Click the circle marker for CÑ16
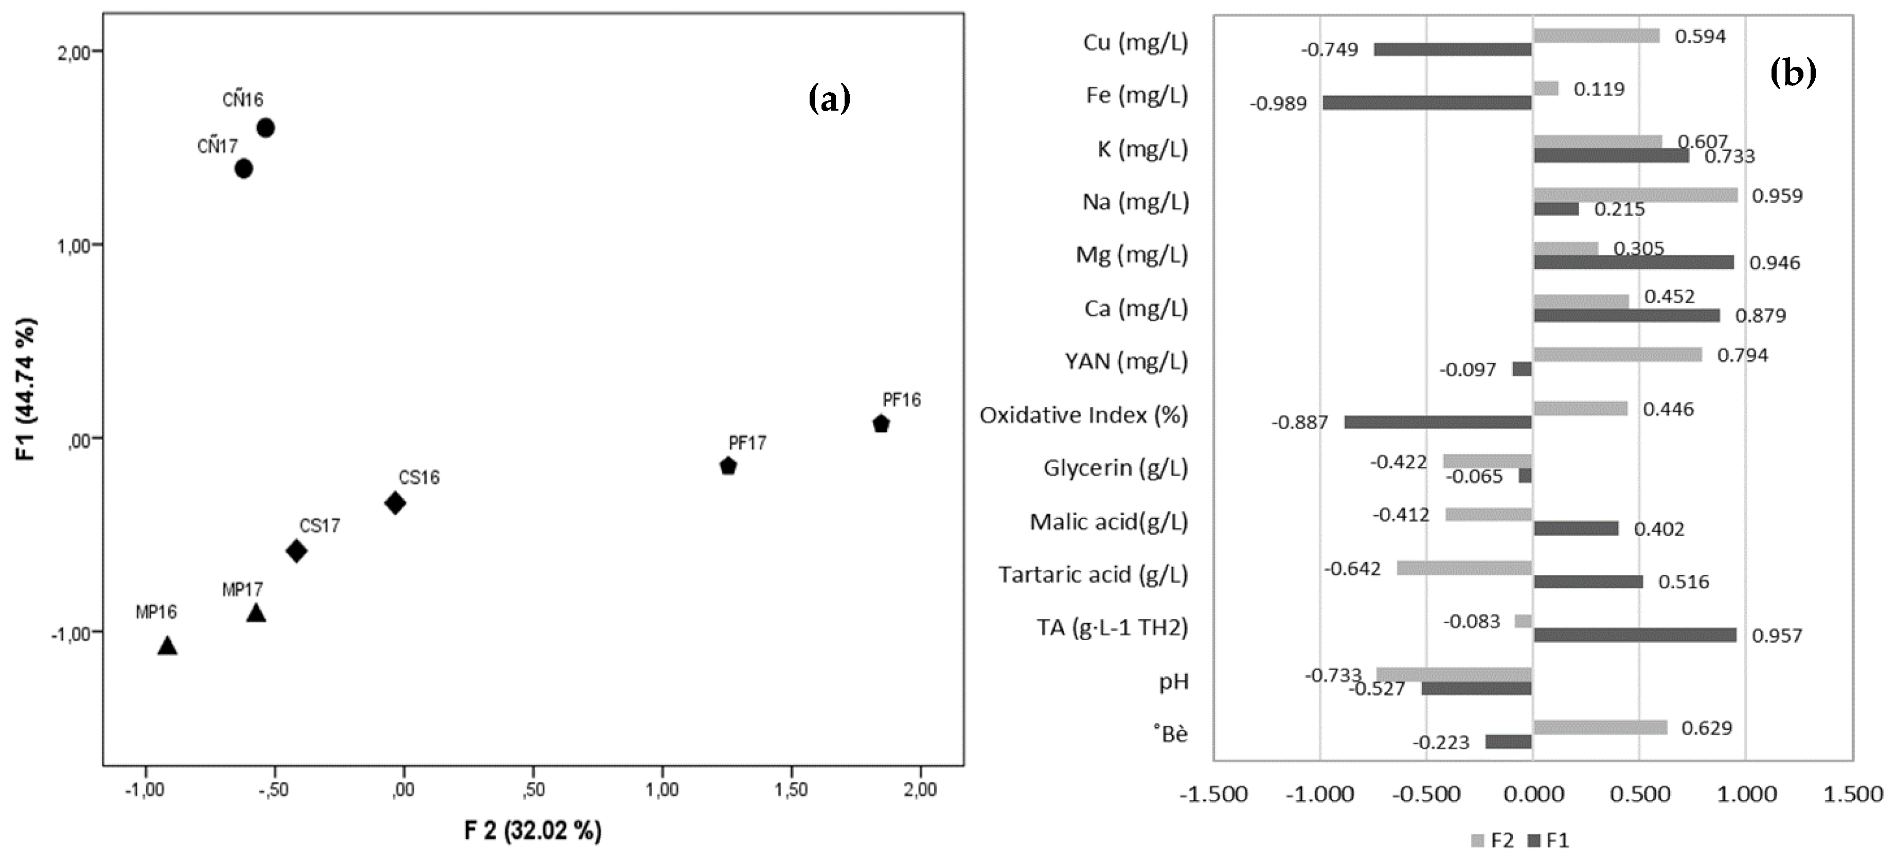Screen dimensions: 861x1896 266,128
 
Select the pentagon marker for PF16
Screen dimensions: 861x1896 881,424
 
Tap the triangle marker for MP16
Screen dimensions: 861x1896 168,646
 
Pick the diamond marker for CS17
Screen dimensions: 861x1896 297,551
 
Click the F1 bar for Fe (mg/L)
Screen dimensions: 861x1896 1427,103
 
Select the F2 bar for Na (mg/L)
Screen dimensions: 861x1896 1635,195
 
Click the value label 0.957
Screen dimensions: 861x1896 1777,636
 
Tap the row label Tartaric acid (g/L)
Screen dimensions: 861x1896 1093,574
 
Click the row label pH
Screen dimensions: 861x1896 1173,681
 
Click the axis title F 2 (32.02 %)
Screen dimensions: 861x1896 533,831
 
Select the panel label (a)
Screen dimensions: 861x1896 830,98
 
